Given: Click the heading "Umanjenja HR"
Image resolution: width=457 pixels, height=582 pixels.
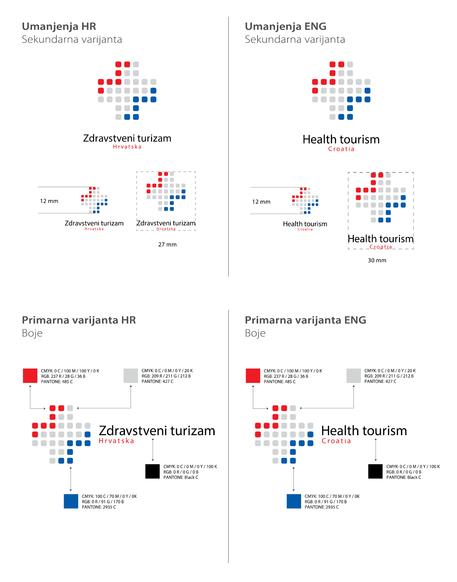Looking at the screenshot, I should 59,26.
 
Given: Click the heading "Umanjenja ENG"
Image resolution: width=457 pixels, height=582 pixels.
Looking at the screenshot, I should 286,26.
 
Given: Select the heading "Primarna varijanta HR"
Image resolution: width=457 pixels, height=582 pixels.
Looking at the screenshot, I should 79,320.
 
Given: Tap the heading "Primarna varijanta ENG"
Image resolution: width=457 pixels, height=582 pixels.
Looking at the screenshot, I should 305,320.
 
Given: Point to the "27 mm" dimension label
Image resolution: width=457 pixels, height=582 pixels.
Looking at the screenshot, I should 167,245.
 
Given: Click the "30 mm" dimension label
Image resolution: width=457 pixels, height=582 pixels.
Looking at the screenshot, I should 377,261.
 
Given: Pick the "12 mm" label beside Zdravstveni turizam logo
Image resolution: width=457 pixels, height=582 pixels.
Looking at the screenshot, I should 49,201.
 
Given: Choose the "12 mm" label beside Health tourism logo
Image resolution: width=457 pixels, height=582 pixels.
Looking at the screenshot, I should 261,202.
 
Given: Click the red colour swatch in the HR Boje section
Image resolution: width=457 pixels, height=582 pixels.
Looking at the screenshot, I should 30,376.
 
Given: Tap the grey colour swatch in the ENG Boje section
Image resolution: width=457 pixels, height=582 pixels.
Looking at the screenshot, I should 353,376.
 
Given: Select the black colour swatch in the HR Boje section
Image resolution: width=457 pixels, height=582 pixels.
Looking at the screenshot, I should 152,471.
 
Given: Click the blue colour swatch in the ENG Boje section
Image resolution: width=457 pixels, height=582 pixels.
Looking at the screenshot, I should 294,501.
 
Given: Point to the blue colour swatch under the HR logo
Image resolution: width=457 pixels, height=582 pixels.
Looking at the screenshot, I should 71,501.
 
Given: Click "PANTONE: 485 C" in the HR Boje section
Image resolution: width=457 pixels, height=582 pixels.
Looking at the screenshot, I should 57,382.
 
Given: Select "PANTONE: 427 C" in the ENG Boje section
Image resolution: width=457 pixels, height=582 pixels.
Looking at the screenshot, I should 380,381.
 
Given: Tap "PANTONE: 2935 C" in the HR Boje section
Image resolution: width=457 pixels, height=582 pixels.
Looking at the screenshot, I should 99,507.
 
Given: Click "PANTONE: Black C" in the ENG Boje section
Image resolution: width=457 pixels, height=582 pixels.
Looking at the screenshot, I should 404,477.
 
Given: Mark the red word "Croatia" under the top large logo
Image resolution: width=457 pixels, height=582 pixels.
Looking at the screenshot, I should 341,149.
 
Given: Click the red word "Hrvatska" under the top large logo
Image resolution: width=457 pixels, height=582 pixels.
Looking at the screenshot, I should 127,147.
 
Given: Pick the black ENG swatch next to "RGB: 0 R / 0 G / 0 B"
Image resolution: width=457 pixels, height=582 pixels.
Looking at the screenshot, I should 375,471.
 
